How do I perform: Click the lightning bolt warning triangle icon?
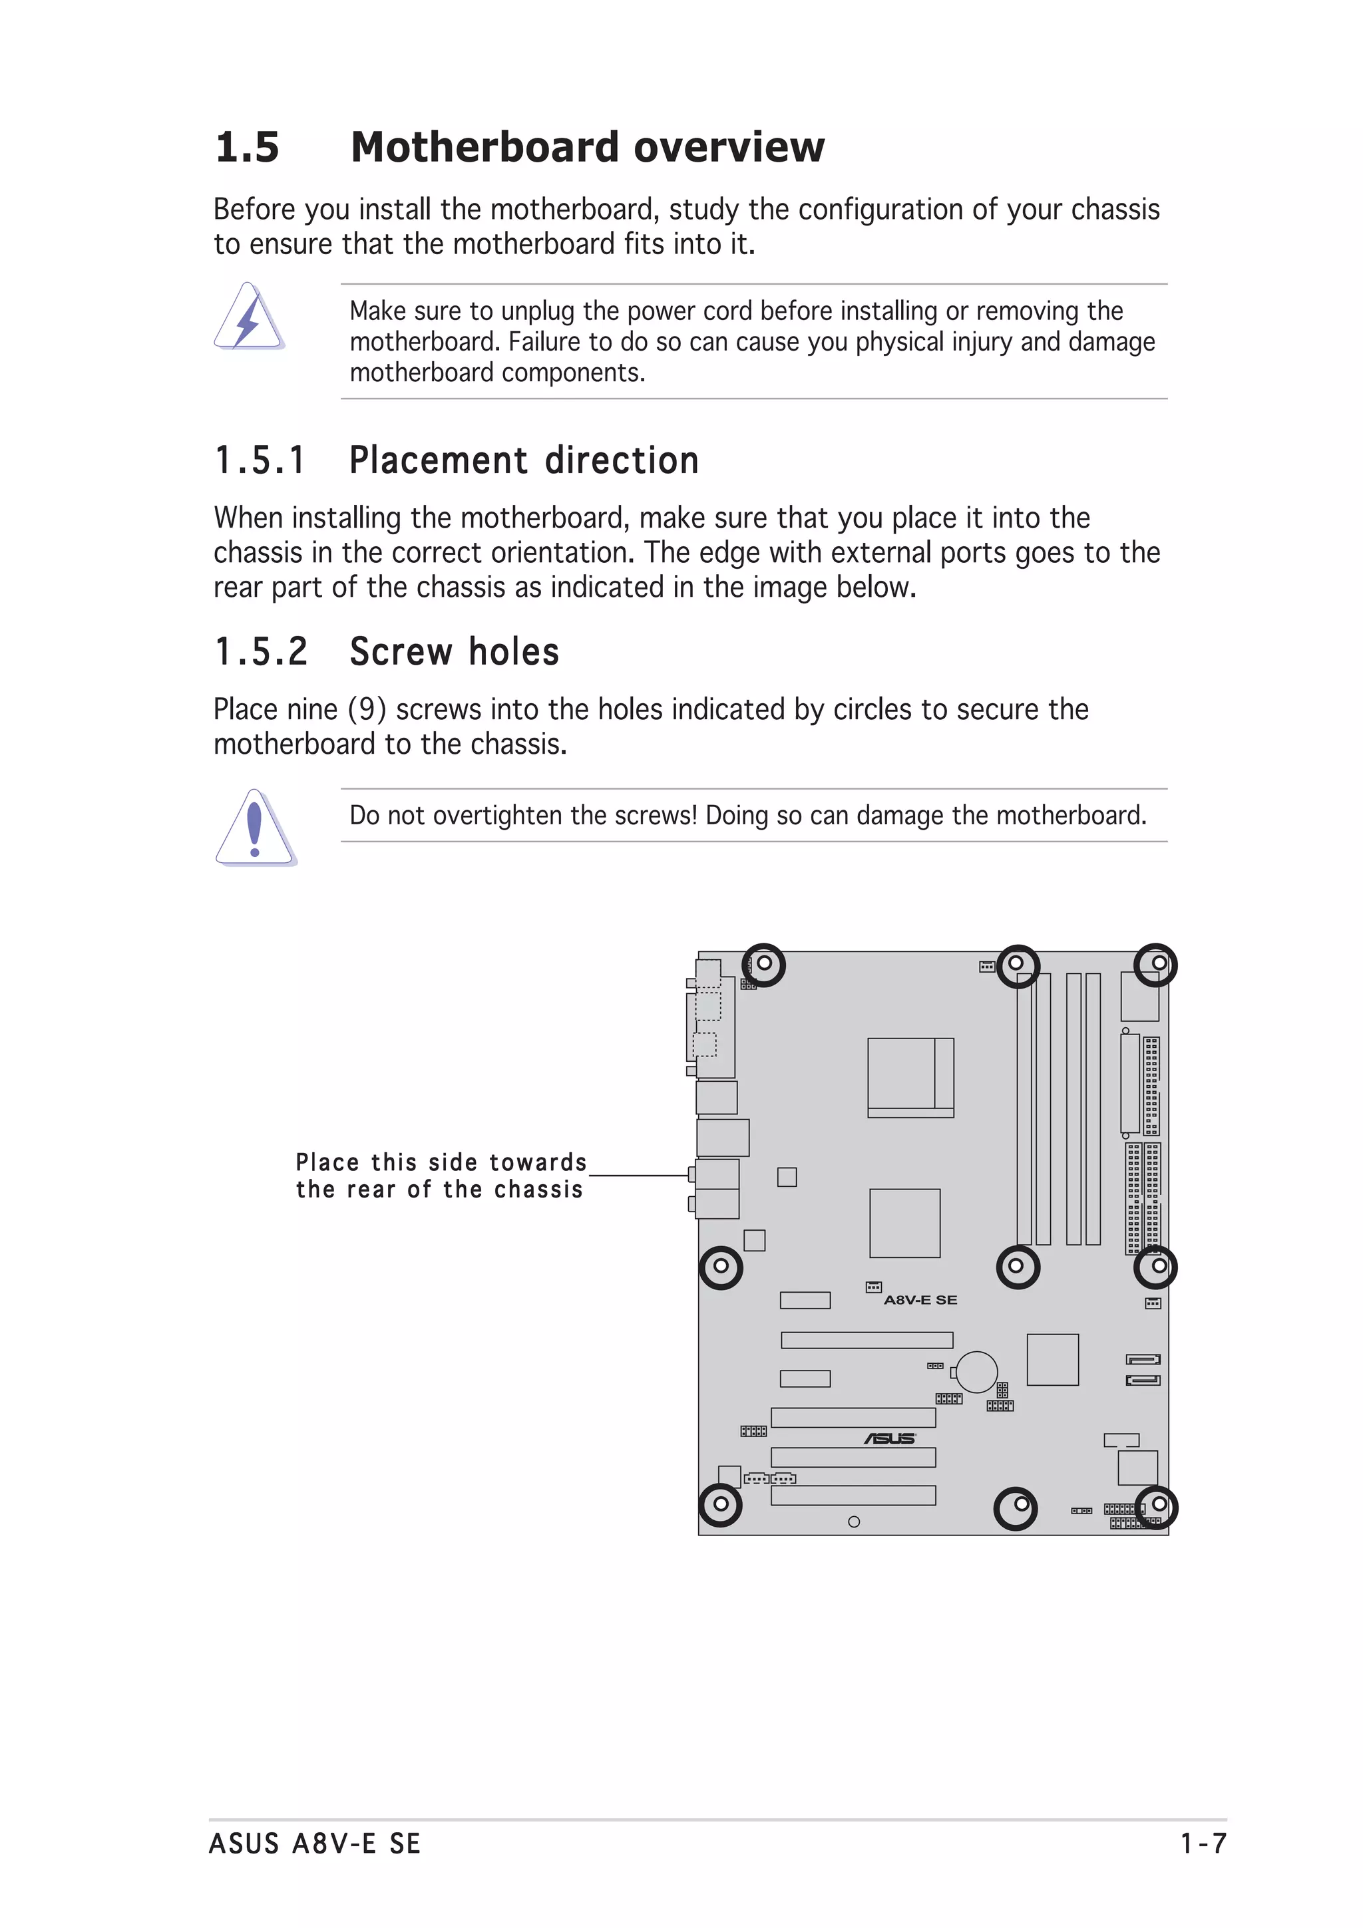tap(249, 317)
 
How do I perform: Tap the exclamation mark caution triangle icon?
tap(256, 828)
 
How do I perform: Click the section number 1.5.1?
tap(260, 461)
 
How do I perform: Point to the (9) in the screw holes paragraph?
tap(366, 710)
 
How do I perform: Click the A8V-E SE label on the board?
tap(920, 1300)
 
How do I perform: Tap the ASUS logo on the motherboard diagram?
tap(889, 1438)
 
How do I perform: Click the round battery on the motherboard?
tap(976, 1372)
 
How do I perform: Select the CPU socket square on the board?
tap(910, 1076)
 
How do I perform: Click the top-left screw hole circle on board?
tap(763, 964)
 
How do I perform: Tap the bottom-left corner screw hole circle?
tap(721, 1504)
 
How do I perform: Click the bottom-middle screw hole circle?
tap(1016, 1508)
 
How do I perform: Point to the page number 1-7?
tap(1203, 1844)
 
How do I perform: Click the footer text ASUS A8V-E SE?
tap(315, 1844)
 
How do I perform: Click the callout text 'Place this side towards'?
tap(441, 1162)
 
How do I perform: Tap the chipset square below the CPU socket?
tap(904, 1223)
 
